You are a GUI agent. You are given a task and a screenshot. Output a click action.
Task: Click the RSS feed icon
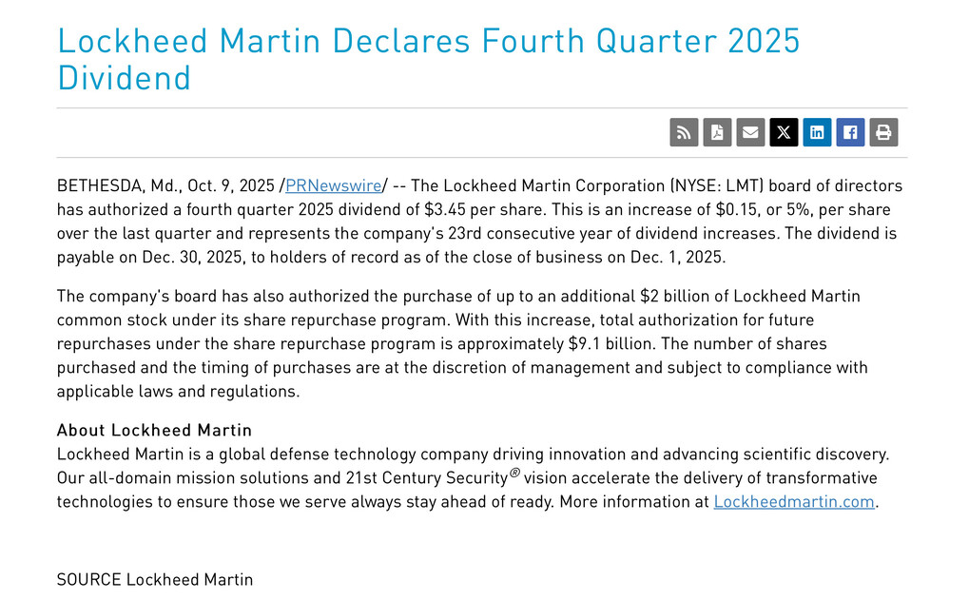[684, 132]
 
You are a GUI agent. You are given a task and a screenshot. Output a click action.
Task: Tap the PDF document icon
[717, 132]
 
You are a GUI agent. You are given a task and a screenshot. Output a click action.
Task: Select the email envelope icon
[750, 132]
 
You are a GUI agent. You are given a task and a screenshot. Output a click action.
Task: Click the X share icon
[784, 132]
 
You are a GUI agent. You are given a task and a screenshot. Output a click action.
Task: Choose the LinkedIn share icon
[817, 132]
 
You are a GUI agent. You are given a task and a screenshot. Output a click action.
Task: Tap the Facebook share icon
[850, 132]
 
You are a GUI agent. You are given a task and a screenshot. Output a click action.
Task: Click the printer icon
[883, 132]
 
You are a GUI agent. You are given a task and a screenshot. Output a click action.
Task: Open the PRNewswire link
[333, 185]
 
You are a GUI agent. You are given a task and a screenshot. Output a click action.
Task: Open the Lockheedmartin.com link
[794, 501]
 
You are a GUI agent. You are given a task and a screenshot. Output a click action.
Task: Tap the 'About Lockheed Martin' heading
[154, 430]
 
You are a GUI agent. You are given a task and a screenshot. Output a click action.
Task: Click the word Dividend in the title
[125, 78]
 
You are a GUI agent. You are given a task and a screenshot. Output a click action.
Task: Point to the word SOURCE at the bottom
[88, 579]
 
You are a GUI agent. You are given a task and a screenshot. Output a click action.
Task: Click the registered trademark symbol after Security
[514, 473]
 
